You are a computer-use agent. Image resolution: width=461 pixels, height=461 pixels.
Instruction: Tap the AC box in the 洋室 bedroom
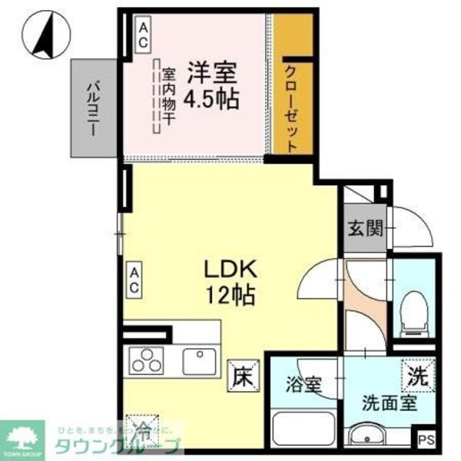click(x=144, y=35)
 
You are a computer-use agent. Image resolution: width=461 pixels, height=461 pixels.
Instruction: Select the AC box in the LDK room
click(x=134, y=280)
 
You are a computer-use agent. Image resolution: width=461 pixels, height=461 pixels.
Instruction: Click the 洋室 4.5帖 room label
click(x=209, y=86)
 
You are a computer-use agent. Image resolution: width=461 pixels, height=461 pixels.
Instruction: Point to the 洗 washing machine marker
click(x=417, y=376)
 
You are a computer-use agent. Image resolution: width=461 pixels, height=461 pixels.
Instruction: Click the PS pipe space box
click(x=426, y=441)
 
